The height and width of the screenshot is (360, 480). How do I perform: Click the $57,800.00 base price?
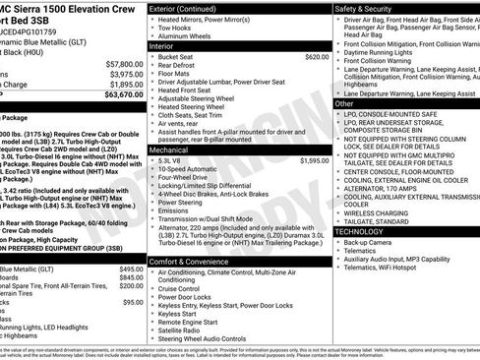click(x=121, y=60)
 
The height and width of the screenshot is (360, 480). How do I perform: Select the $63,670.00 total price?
click(x=121, y=95)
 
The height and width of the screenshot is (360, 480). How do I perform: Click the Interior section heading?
click(x=163, y=44)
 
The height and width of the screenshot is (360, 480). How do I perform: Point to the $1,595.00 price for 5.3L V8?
click(x=315, y=159)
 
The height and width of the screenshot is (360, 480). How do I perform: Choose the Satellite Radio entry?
click(x=183, y=330)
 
